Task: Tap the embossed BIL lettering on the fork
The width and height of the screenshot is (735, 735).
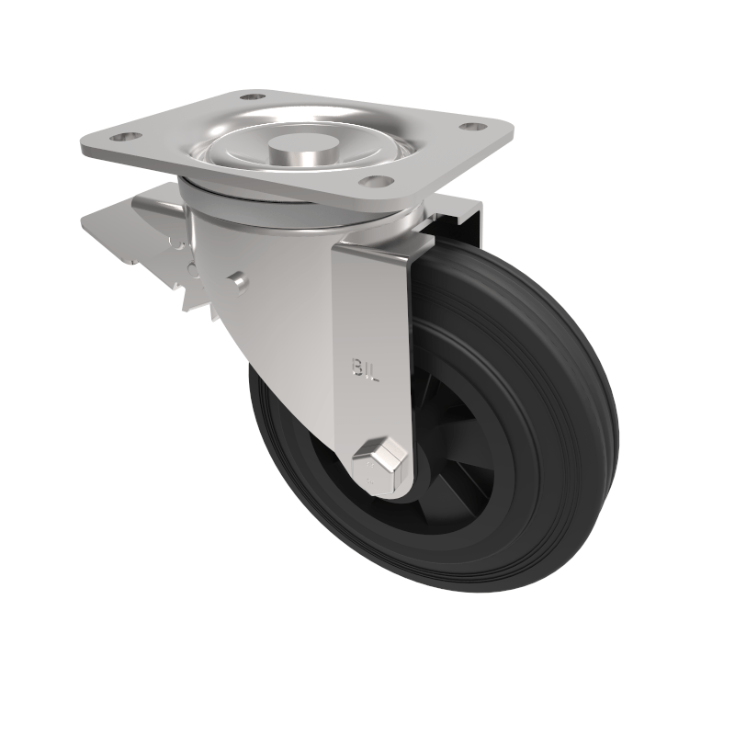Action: pyautogui.click(x=365, y=368)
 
